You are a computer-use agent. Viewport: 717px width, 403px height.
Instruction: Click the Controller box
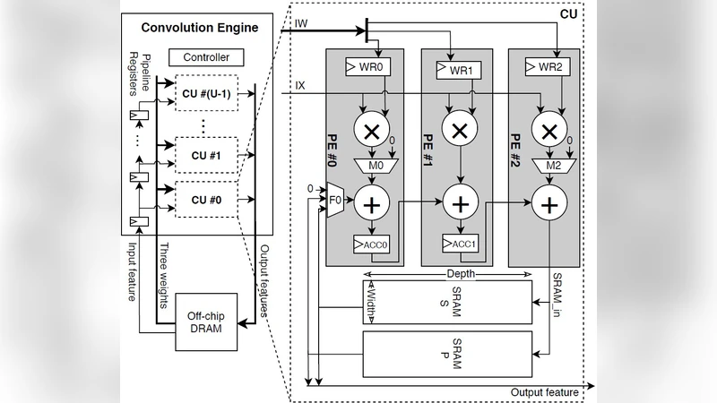point(207,58)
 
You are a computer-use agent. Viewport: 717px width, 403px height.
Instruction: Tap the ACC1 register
point(461,244)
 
